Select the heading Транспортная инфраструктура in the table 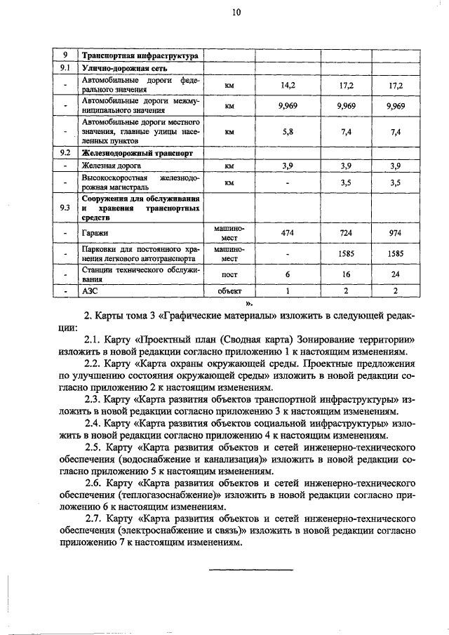click(x=140, y=55)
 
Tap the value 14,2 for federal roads click(x=288, y=86)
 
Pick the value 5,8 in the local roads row click(x=288, y=131)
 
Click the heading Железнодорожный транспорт click(x=138, y=152)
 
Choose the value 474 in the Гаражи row click(x=288, y=232)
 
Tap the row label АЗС click(x=91, y=290)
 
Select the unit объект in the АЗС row click(x=229, y=290)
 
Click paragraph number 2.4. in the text click(x=94, y=424)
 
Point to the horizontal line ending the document click(x=250, y=568)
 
